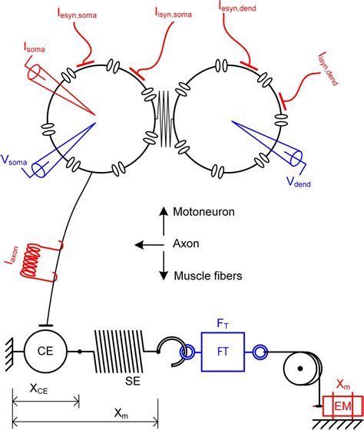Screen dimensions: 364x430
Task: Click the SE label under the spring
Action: [x=133, y=381]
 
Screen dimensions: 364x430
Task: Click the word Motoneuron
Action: [x=204, y=212]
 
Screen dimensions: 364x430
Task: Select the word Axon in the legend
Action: [x=186, y=243]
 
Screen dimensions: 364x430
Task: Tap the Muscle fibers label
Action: [x=208, y=276]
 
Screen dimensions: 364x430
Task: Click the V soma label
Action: [x=14, y=160]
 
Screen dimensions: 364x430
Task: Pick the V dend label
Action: [x=299, y=182]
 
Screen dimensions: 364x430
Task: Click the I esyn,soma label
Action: [x=77, y=15]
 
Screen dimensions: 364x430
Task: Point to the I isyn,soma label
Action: [x=174, y=13]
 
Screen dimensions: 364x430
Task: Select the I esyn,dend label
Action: [x=237, y=7]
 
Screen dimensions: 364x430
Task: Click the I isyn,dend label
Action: [x=329, y=68]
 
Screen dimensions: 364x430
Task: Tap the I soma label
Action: [x=35, y=48]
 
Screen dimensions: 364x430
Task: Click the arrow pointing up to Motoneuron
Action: [x=164, y=221]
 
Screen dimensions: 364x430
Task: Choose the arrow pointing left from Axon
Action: [x=149, y=245]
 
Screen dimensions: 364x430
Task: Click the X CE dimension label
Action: [x=38, y=389]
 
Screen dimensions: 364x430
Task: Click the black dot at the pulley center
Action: [x=300, y=369]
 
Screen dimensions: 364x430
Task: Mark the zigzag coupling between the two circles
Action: [x=164, y=118]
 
